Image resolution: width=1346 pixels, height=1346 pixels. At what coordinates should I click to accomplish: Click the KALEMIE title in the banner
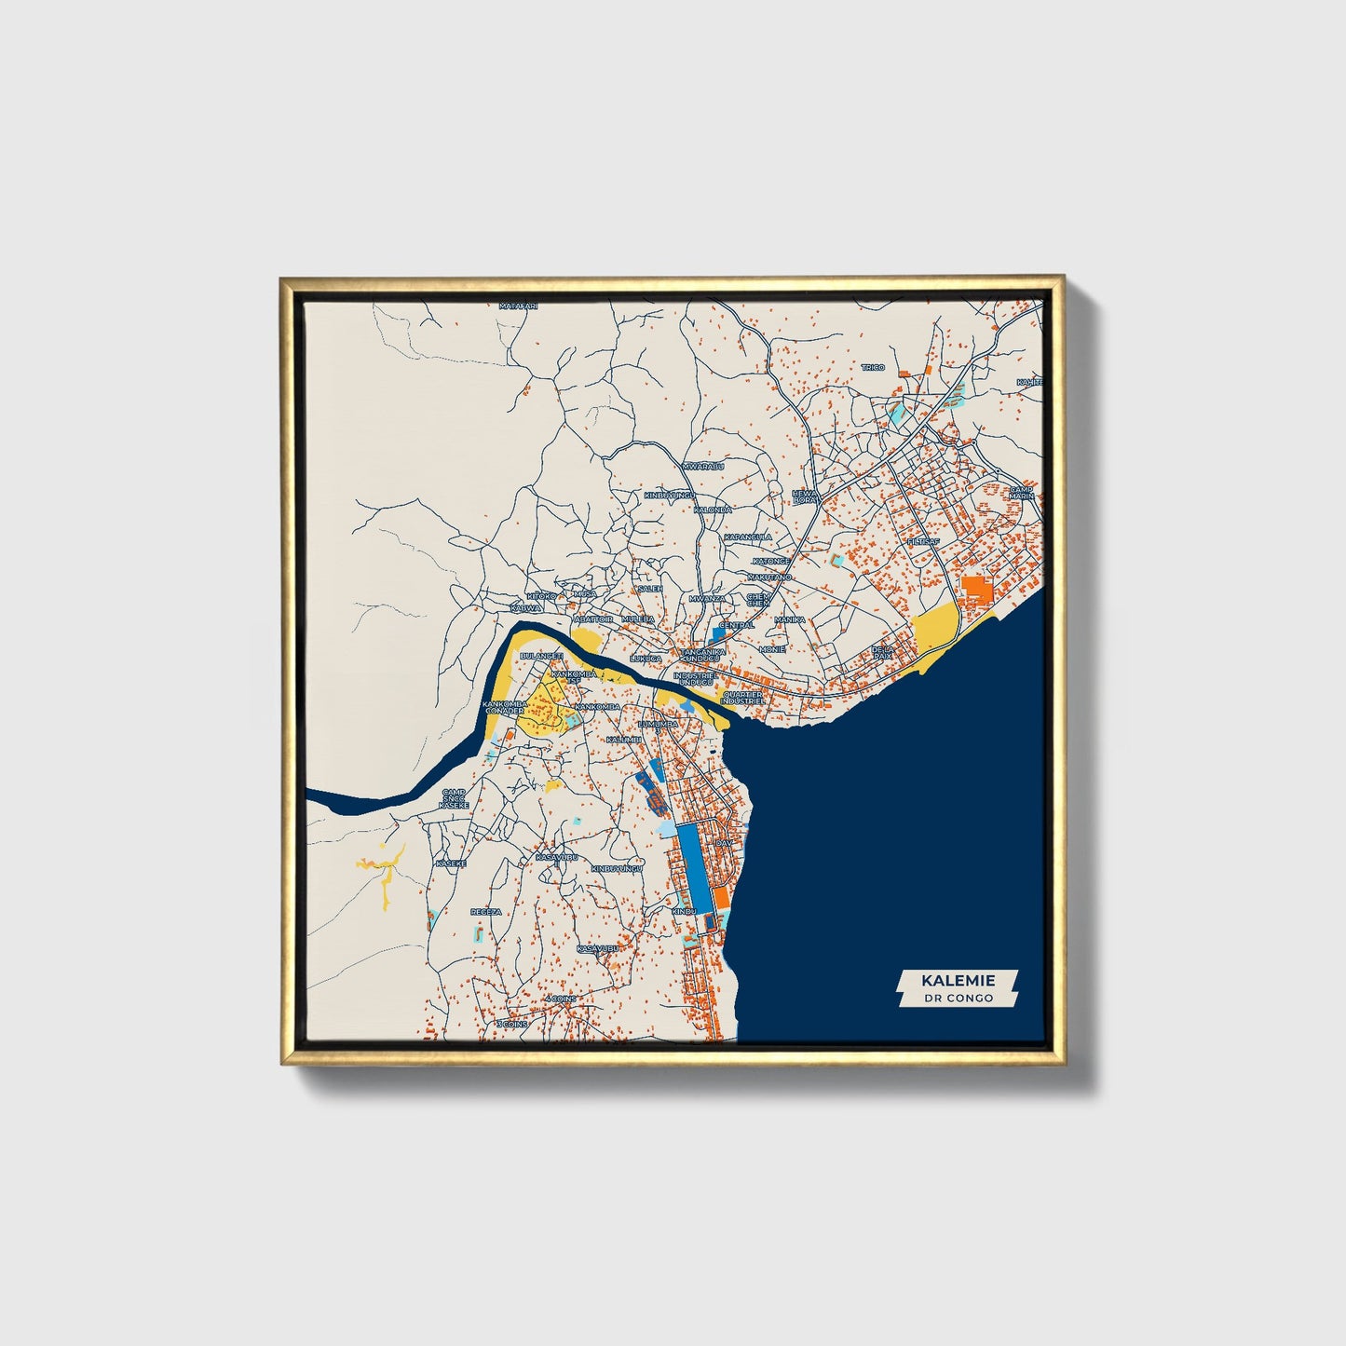[x=958, y=980]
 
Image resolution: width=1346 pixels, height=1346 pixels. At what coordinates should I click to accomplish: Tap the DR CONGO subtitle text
[x=958, y=999]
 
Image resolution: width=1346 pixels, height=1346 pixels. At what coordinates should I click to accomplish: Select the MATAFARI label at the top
[x=519, y=306]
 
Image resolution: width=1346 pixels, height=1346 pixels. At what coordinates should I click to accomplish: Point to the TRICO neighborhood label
[x=873, y=368]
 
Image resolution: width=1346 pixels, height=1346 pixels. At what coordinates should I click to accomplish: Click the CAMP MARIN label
[x=1022, y=492]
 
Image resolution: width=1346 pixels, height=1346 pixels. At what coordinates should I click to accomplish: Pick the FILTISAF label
[x=923, y=541]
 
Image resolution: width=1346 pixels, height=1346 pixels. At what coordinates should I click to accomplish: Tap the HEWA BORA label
[x=805, y=496]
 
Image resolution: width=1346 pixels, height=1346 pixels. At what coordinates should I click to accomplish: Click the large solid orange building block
[x=977, y=590]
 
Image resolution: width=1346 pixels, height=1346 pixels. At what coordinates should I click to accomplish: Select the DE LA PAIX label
[x=882, y=652]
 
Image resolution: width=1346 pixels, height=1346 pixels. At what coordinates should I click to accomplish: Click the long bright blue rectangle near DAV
[x=690, y=867]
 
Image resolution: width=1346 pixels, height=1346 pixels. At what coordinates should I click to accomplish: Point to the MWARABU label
[x=703, y=466]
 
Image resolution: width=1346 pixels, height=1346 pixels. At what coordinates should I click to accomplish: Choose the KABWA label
[x=525, y=608]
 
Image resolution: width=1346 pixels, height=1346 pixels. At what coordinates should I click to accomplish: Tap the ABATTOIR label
[x=593, y=619]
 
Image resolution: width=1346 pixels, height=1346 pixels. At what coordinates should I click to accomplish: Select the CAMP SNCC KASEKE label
[x=454, y=797]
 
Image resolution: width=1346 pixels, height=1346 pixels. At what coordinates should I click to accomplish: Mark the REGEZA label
[x=485, y=912]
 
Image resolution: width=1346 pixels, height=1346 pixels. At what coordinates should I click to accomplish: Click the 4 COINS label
[x=562, y=999]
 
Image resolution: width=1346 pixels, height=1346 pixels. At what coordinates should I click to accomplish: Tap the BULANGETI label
[x=541, y=656]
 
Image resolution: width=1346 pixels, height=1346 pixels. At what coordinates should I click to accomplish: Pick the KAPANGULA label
[x=748, y=537]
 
